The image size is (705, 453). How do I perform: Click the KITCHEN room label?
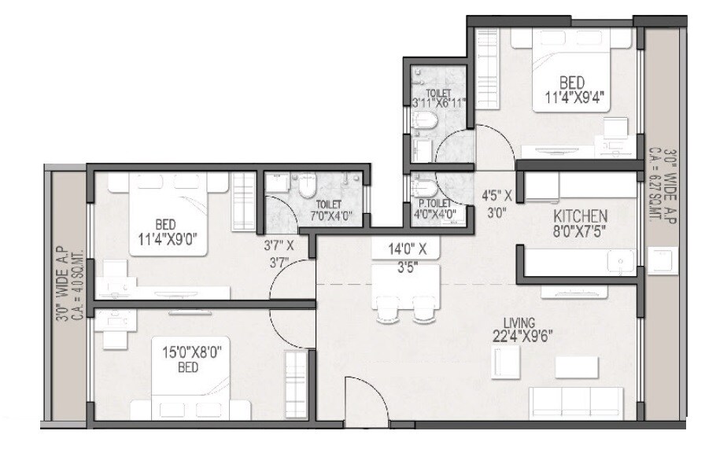coord(581,215)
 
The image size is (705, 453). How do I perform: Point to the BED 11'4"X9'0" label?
coord(165,229)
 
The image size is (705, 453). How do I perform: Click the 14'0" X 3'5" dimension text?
coord(407,258)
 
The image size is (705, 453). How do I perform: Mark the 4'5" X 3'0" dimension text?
coord(497,201)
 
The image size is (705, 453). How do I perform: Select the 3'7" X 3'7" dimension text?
coord(279,253)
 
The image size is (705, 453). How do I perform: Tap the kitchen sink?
coord(621,260)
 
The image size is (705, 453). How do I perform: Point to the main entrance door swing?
coord(364,398)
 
